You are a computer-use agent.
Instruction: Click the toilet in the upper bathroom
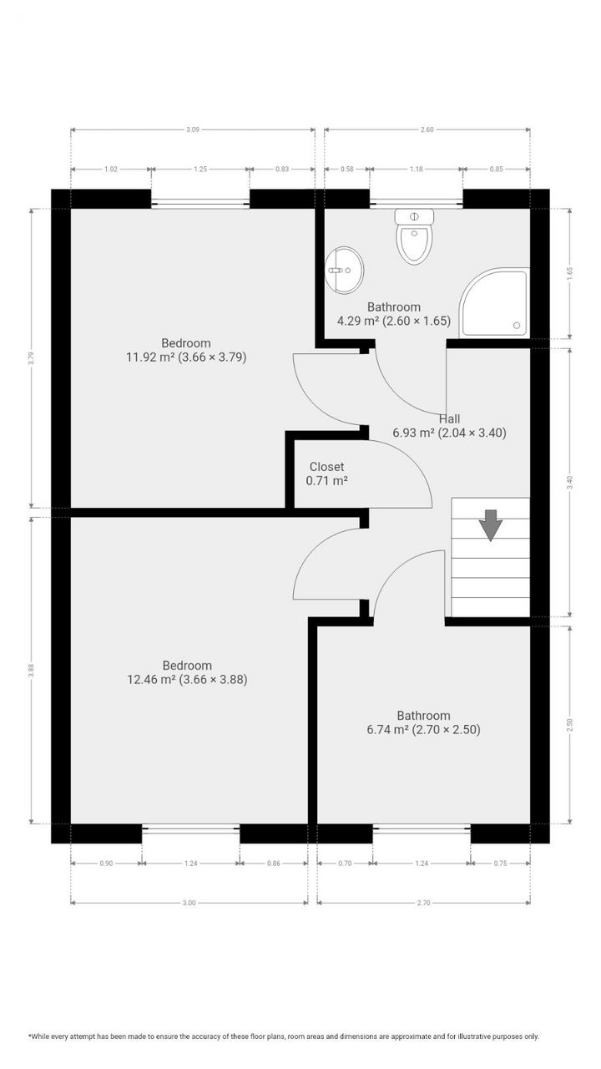[415, 237]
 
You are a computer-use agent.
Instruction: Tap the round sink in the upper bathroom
[343, 268]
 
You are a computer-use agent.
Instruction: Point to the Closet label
[326, 467]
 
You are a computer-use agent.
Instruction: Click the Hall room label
[449, 419]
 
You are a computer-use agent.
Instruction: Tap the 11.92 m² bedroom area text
[185, 357]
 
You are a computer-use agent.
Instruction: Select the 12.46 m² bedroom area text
[186, 679]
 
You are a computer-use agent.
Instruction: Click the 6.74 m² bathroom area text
[423, 729]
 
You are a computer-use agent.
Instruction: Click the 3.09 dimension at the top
[193, 129]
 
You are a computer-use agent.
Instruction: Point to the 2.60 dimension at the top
[427, 129]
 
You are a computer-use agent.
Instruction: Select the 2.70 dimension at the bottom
[424, 902]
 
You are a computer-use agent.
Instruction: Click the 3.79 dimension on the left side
[31, 357]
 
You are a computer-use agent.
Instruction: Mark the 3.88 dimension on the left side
[31, 670]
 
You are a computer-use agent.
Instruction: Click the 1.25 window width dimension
[200, 169]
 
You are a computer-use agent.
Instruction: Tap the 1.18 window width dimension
[417, 169]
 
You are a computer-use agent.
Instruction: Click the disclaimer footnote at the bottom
[284, 1036]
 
